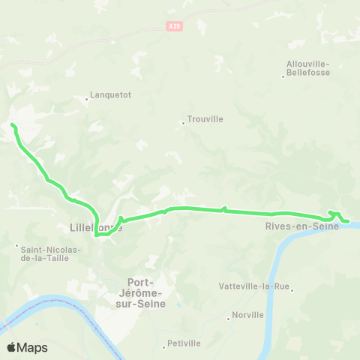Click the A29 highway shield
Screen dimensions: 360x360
click(174, 26)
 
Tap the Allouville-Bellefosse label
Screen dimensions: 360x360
click(307, 68)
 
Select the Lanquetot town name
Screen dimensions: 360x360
click(110, 95)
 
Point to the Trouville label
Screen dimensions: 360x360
click(206, 118)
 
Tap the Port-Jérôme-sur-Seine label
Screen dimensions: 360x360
click(147, 292)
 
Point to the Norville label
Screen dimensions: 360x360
click(248, 315)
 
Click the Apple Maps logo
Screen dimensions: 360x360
click(26, 347)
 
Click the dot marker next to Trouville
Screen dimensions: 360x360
click(183, 123)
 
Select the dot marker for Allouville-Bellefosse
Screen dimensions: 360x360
click(282, 76)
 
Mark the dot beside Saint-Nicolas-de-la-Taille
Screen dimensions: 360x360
click(16, 245)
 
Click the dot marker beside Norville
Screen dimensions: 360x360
click(229, 319)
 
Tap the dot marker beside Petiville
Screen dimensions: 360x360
click(164, 346)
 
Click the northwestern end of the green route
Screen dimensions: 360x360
click(12, 125)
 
